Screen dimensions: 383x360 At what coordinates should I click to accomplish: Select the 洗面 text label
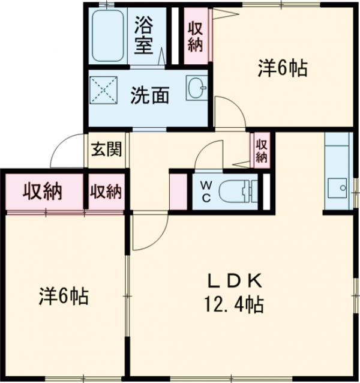tap(149, 95)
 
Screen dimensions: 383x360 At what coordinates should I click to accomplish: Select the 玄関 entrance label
tap(106, 149)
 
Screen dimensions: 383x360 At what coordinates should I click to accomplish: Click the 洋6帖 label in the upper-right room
tap(283, 68)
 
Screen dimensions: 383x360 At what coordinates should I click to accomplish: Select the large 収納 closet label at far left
tap(43, 192)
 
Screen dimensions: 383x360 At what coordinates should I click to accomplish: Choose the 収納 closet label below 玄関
tap(106, 192)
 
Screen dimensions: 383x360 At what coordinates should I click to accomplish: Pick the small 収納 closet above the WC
tap(261, 150)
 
